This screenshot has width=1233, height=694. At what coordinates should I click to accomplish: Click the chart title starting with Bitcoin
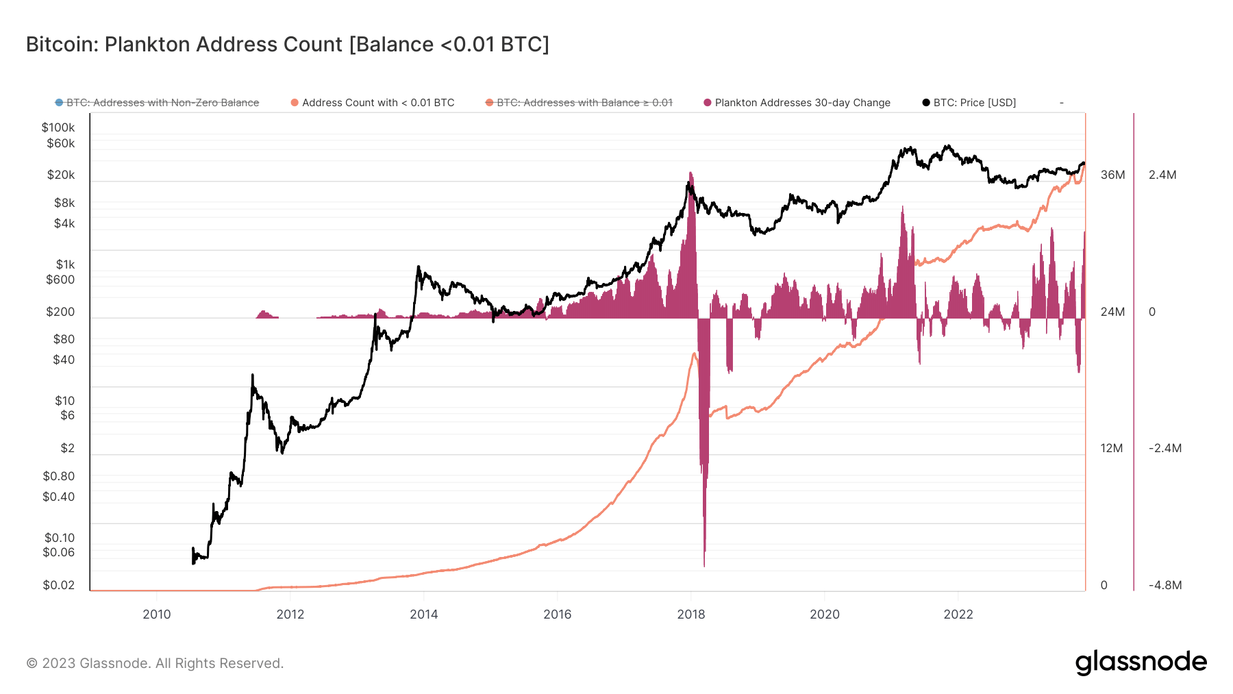pyautogui.click(x=287, y=45)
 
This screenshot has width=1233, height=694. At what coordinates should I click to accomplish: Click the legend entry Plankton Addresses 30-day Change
pyautogui.click(x=801, y=103)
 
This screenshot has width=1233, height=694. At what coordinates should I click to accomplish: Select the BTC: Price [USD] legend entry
pyautogui.click(x=973, y=103)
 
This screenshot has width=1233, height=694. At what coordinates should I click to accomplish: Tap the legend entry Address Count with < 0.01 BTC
pyautogui.click(x=377, y=103)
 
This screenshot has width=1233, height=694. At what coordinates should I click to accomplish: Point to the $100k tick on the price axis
pyautogui.click(x=58, y=127)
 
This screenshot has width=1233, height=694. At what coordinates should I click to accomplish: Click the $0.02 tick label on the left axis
pyautogui.click(x=58, y=585)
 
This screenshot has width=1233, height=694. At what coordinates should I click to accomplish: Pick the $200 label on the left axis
pyautogui.click(x=60, y=312)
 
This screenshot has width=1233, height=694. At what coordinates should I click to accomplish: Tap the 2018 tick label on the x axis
pyautogui.click(x=690, y=615)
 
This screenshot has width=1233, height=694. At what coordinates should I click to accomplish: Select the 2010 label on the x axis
pyautogui.click(x=156, y=615)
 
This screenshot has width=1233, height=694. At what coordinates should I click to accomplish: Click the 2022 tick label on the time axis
pyautogui.click(x=958, y=615)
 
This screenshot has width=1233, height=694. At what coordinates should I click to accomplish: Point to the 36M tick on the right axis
pyautogui.click(x=1112, y=175)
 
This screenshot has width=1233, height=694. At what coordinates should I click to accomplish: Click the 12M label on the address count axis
pyautogui.click(x=1111, y=448)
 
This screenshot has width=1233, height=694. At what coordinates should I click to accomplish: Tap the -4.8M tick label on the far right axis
pyautogui.click(x=1165, y=585)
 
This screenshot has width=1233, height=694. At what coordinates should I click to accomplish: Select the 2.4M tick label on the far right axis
pyautogui.click(x=1162, y=175)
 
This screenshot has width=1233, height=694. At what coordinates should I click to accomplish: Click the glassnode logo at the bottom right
pyautogui.click(x=1141, y=662)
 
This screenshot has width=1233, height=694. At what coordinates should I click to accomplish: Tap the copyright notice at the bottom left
pyautogui.click(x=155, y=663)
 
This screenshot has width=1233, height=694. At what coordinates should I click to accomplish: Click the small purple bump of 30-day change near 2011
pyautogui.click(x=264, y=314)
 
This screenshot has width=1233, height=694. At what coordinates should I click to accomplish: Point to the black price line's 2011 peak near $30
pyautogui.click(x=252, y=375)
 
